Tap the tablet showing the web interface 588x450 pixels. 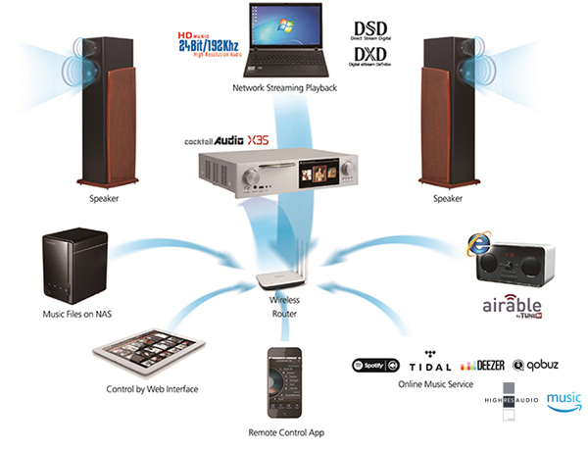tap(150, 348)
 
